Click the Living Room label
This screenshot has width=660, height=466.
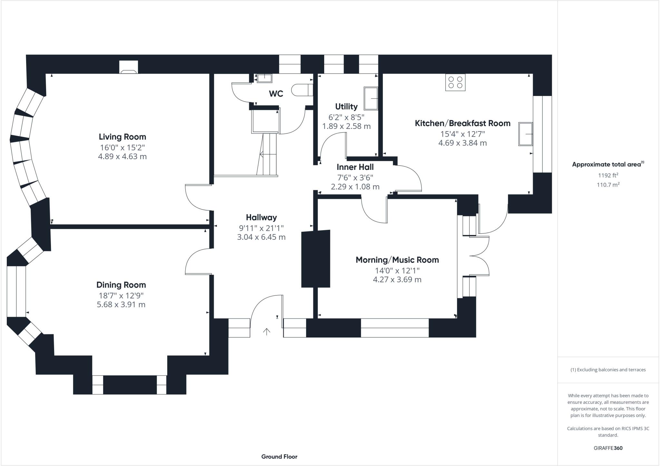(x=122, y=137)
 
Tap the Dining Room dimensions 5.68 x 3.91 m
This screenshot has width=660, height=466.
(x=121, y=305)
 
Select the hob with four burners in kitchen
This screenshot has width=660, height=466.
(x=455, y=82)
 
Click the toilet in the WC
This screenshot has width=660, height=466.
(x=302, y=90)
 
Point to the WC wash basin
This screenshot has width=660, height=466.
(x=265, y=78)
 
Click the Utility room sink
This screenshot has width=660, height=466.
(x=371, y=98)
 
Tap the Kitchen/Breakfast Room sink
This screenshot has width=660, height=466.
(x=525, y=134)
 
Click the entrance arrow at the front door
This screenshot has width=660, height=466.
(x=267, y=332)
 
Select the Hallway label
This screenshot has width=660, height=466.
(x=261, y=218)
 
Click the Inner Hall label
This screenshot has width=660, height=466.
(x=355, y=167)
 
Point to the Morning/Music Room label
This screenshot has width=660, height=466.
(x=397, y=260)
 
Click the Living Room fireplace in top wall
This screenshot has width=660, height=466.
(x=129, y=68)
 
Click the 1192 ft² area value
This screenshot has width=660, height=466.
(x=608, y=175)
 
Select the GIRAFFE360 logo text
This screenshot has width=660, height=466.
(x=608, y=448)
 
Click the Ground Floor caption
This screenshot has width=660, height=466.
(x=279, y=456)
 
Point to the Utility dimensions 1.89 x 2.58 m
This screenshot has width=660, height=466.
(x=346, y=126)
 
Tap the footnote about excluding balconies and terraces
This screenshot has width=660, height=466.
(x=608, y=370)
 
